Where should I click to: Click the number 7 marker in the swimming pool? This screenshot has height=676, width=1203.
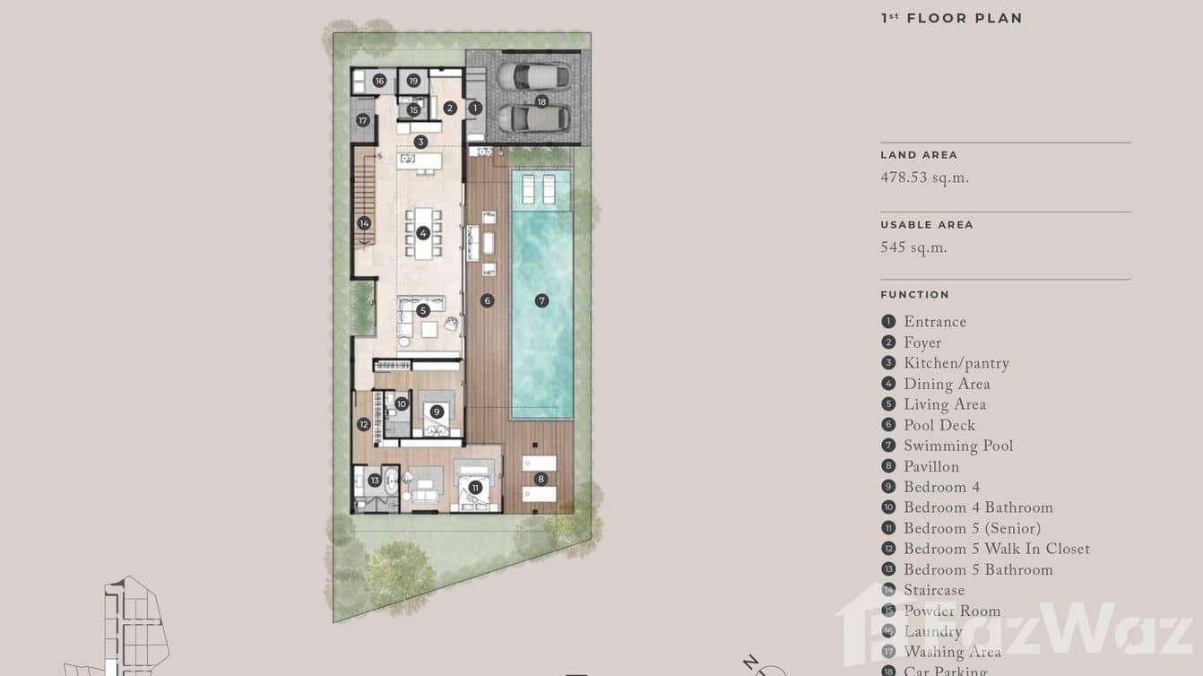(x=541, y=300)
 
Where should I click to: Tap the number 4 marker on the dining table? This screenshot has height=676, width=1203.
(x=423, y=233)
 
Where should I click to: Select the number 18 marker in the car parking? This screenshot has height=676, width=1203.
(x=541, y=101)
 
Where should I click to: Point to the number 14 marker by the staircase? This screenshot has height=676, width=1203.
(x=364, y=223)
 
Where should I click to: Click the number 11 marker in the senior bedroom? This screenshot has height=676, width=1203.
(x=475, y=488)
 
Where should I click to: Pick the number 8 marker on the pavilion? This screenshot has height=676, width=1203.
(x=541, y=479)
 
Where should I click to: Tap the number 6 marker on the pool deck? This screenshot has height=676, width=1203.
(x=488, y=300)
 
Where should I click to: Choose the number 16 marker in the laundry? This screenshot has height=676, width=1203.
(x=379, y=81)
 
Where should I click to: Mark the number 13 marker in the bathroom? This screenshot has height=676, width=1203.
(x=375, y=481)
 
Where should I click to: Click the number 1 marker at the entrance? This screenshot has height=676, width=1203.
(x=475, y=108)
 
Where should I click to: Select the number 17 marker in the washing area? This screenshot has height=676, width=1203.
(x=363, y=120)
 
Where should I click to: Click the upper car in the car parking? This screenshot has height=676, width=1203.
(x=533, y=75)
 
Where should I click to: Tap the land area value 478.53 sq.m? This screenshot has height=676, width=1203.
(x=924, y=178)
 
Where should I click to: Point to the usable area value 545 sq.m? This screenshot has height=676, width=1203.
(x=913, y=248)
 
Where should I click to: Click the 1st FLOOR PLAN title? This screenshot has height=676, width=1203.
(x=951, y=18)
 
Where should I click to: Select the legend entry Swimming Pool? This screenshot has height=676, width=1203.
(x=957, y=446)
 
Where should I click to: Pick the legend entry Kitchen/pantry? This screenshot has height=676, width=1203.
(x=956, y=364)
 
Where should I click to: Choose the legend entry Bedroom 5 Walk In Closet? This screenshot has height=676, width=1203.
(x=996, y=550)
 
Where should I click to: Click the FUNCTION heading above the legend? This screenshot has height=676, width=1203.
(x=914, y=294)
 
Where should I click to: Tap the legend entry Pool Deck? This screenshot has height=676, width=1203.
(x=939, y=426)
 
